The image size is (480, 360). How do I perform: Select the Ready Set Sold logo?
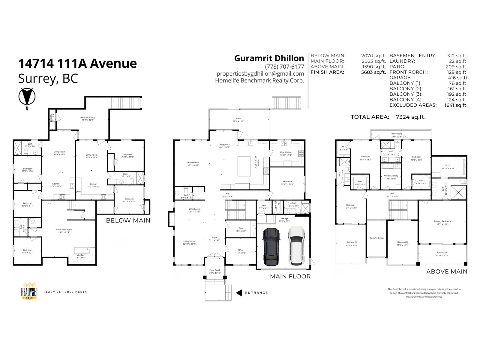[29, 291]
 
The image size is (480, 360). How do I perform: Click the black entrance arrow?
[239, 293]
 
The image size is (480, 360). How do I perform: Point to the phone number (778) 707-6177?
[284, 67]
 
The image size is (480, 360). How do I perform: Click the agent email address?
[260, 73]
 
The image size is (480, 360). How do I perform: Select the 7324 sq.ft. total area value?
[411, 117]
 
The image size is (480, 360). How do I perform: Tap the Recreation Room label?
[64, 230]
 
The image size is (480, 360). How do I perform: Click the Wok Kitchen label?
[286, 152]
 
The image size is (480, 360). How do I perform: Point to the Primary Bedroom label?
[442, 221]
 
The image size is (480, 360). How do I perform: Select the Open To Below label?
[376, 238]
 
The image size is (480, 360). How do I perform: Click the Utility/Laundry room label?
[391, 176]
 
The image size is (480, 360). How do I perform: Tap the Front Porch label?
[215, 270]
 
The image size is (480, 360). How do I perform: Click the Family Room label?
[193, 163]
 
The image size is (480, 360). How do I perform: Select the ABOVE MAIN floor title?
[447, 271]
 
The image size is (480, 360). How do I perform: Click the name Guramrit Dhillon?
[269, 58]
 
